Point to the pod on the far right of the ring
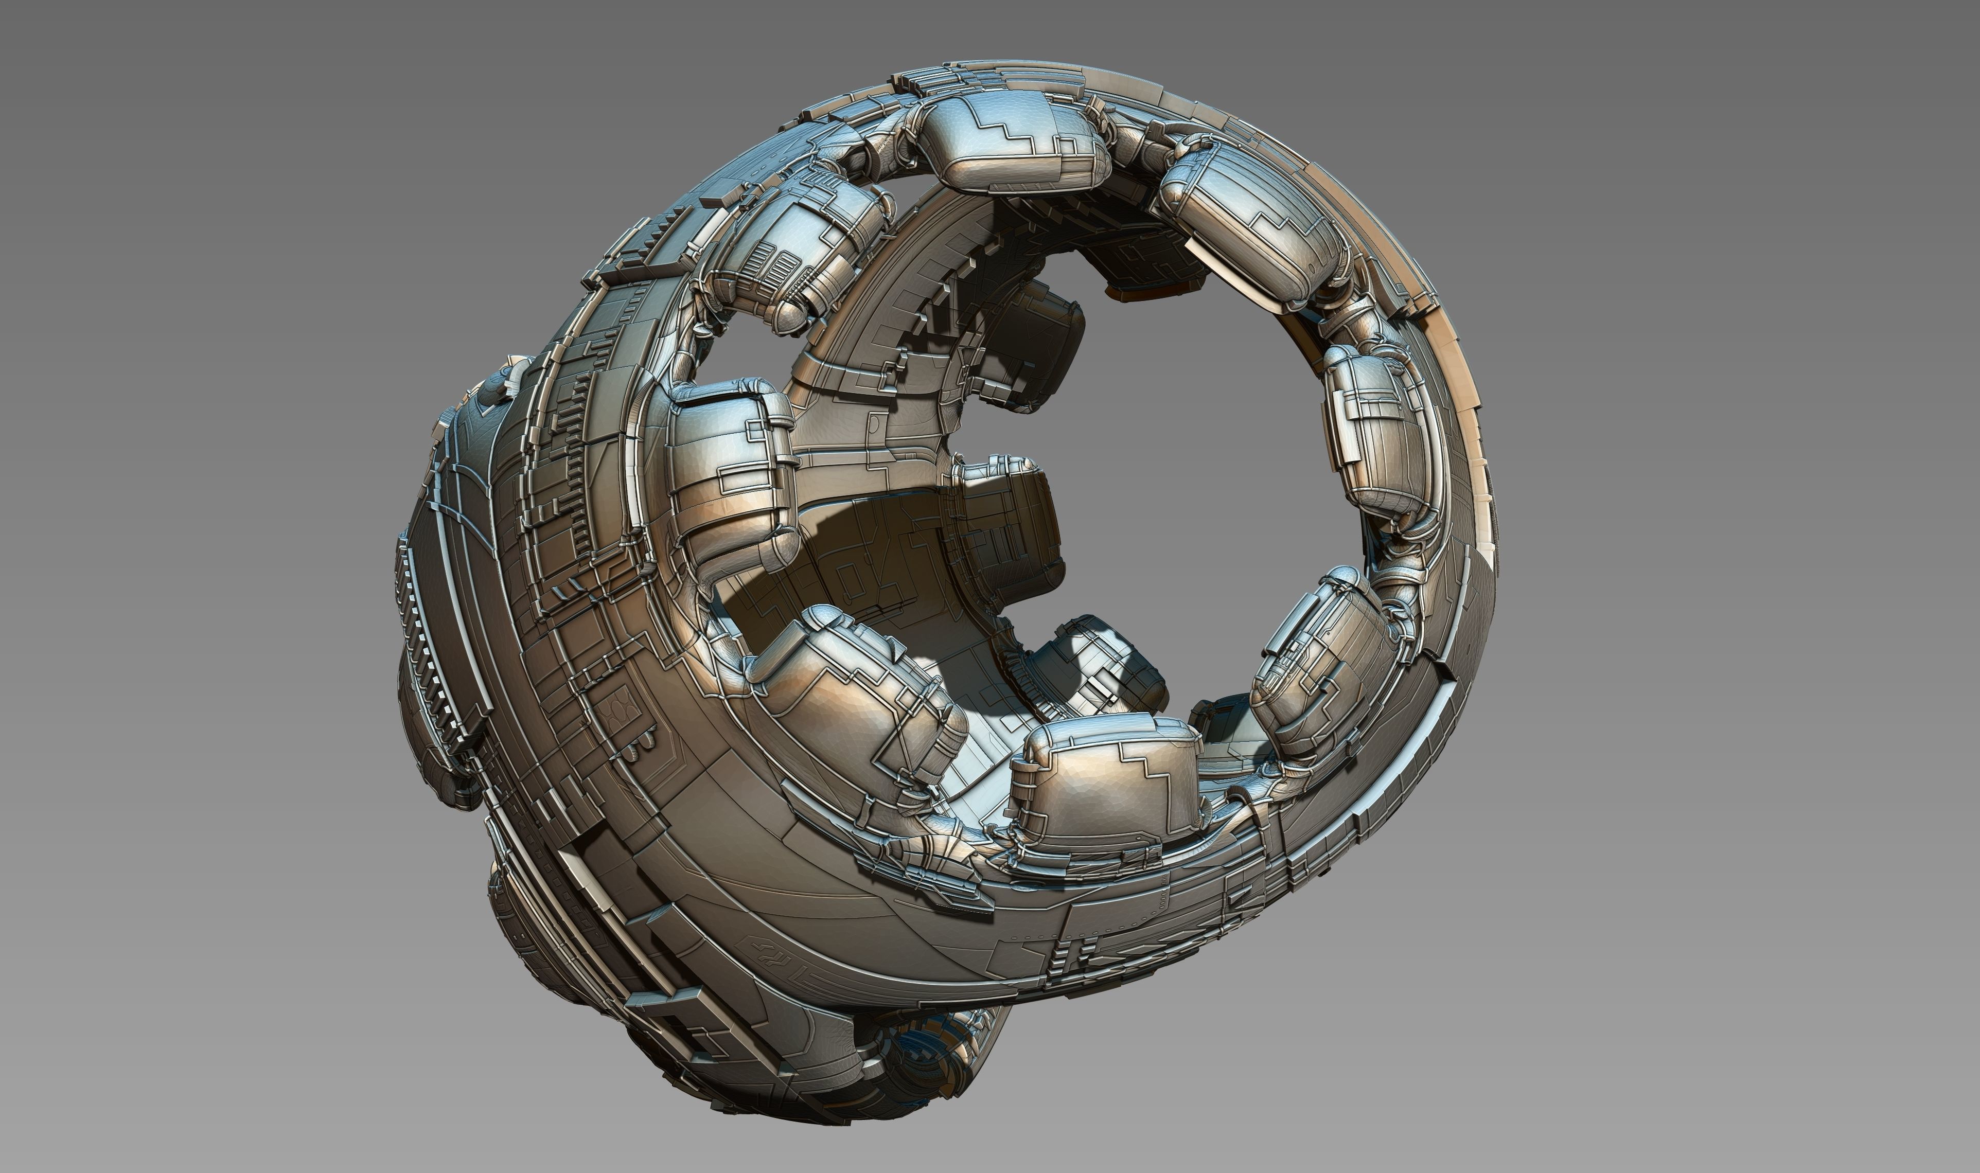[x=1371, y=431]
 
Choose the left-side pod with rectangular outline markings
[x=731, y=474]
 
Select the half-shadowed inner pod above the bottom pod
[x=1099, y=664]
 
